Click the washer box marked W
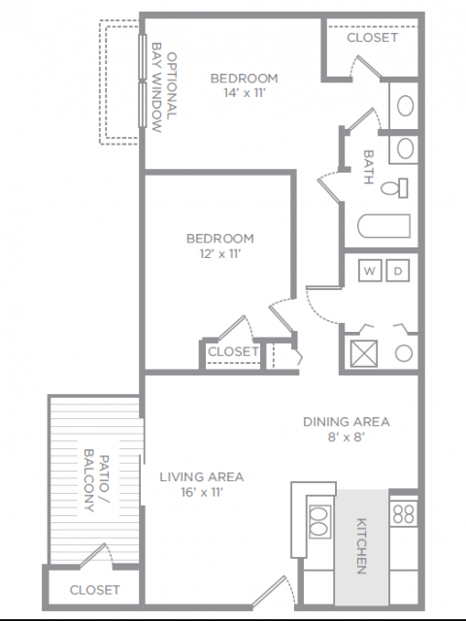[370, 271]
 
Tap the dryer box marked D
[398, 271]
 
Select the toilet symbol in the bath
[395, 188]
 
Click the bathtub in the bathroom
[384, 226]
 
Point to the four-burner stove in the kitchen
[404, 513]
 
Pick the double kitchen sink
[319, 522]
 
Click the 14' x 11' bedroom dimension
[244, 93]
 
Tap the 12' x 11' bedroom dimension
[220, 253]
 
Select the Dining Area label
[347, 422]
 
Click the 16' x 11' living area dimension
[202, 492]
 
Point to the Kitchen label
[361, 545]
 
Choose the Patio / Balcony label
[96, 480]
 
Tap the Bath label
[369, 167]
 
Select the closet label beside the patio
[94, 590]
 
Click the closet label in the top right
[372, 38]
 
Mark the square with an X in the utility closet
[364, 353]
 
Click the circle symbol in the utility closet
[404, 353]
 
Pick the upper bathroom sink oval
[405, 106]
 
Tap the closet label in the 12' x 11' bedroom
[233, 351]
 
